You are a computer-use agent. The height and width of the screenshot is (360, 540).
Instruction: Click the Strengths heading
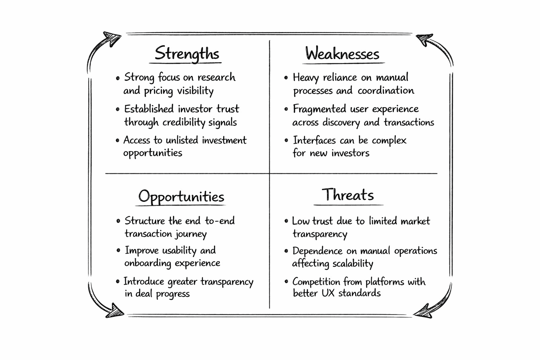coord(187,53)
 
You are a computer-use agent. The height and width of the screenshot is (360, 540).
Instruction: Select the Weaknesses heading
coord(342,54)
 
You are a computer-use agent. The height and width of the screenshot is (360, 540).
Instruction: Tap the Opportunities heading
coord(181,197)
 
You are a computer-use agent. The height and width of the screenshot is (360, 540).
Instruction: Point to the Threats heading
coord(348,195)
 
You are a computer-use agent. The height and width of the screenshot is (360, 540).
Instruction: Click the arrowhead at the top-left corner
coord(112,38)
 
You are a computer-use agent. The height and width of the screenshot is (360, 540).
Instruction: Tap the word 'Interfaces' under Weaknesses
coord(314,140)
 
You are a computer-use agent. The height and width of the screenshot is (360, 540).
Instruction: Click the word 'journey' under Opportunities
coord(191,234)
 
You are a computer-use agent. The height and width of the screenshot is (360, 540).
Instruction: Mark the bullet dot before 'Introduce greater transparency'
coord(118,282)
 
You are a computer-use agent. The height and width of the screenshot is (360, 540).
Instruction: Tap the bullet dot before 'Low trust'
coord(287,221)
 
